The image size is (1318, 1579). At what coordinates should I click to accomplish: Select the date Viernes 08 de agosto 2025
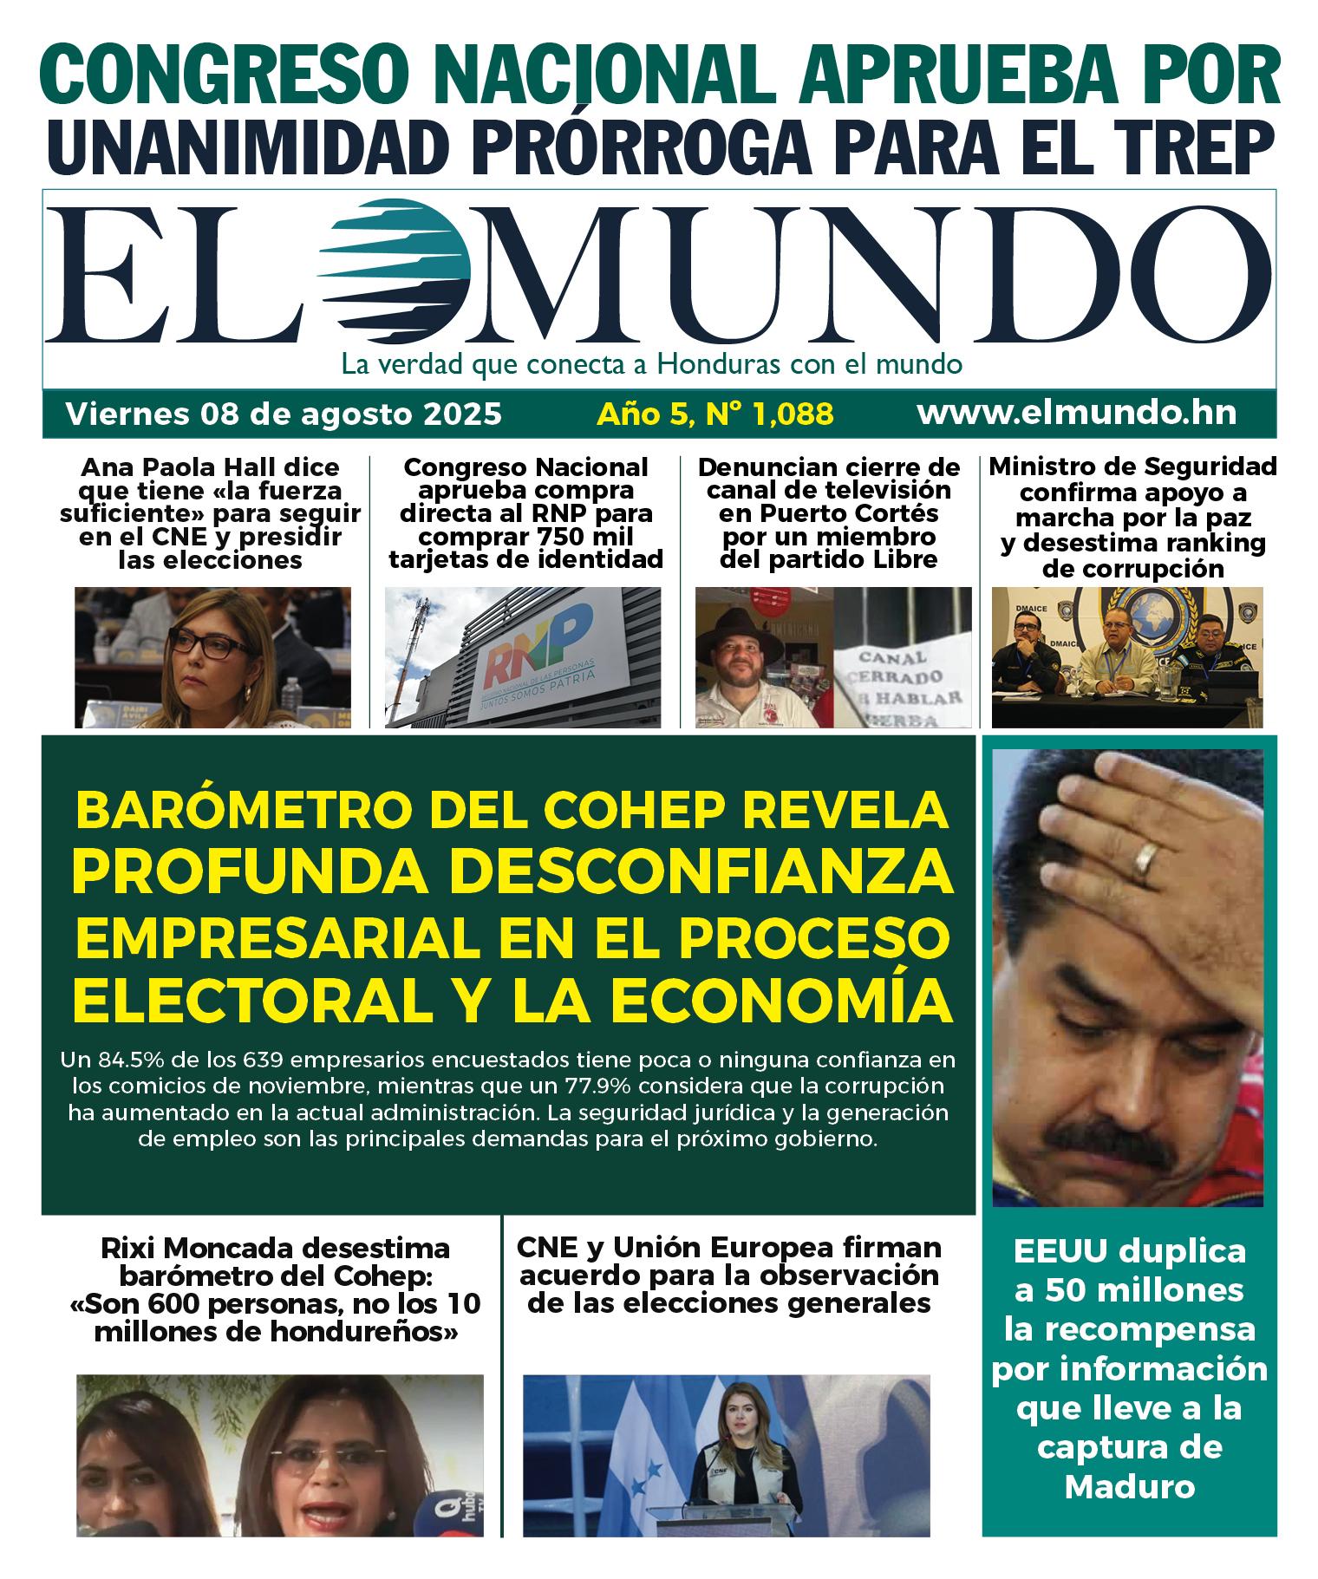click(x=284, y=414)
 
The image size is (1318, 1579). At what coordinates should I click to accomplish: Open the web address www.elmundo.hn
click(x=1076, y=413)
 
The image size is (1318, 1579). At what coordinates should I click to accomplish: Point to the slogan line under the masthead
click(x=651, y=363)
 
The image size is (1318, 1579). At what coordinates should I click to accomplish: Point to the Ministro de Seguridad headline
click(x=1132, y=517)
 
